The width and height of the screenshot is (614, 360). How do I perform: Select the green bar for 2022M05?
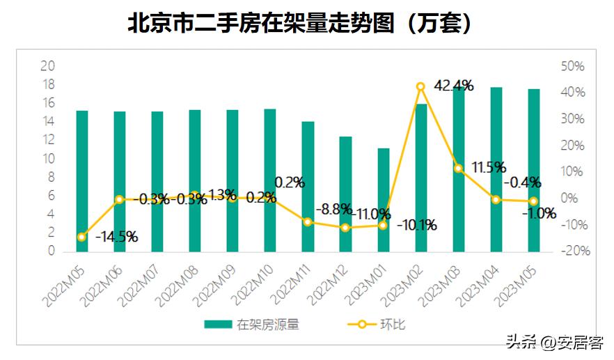coord(82,180)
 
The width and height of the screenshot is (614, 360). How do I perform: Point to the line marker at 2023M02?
coord(420,87)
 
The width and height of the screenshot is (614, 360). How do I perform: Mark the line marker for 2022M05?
coord(82,237)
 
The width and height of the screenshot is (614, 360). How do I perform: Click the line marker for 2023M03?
coord(459,169)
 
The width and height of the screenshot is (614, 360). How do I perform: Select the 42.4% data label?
coord(454,86)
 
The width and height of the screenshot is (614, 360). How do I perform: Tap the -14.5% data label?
coord(116,237)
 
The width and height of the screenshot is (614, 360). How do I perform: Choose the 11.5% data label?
coord(488,168)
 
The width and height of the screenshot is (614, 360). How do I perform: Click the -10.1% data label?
coord(417,225)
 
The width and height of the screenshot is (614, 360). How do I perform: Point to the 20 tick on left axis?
coord(48,66)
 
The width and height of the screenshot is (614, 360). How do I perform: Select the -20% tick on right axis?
coord(575,251)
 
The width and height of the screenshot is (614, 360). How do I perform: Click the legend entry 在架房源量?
coord(251,324)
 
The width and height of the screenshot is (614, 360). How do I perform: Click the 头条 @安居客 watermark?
coord(555,343)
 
